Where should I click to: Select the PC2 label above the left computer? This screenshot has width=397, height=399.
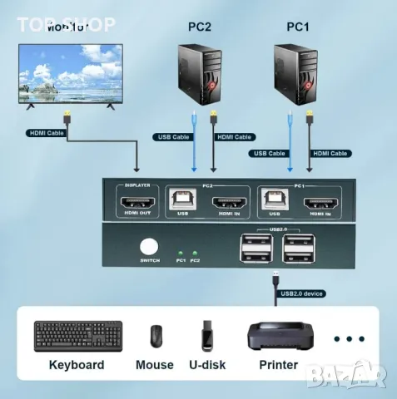coord(201,27)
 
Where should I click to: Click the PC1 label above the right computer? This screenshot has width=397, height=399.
coord(297,27)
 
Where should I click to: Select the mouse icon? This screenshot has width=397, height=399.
coord(156,336)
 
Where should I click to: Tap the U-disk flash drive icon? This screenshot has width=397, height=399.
coord(208,336)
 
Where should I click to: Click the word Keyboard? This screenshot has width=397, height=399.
coord(77,365)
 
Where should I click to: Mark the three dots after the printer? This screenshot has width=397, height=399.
coord(349,338)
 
